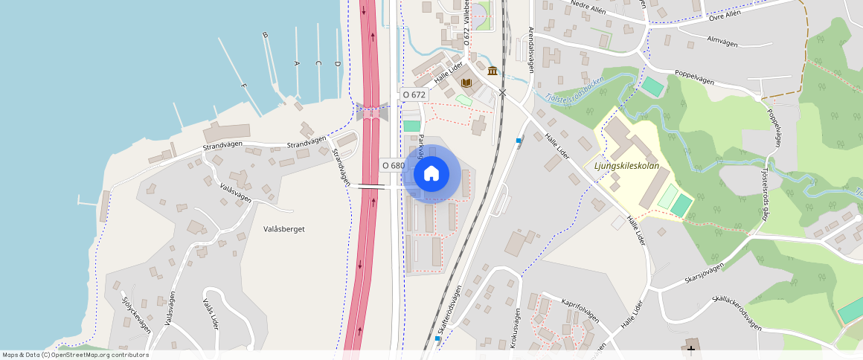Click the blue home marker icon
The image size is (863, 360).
[431, 174]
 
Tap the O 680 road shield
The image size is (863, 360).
[393, 165]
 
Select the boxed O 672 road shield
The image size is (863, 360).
[414, 94]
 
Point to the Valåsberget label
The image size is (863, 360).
[284, 229]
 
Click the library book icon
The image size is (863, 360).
[466, 83]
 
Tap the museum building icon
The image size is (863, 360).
[493, 71]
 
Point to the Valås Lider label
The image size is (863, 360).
[211, 315]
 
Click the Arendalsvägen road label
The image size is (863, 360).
[531, 49]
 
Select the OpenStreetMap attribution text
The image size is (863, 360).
[75, 355]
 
